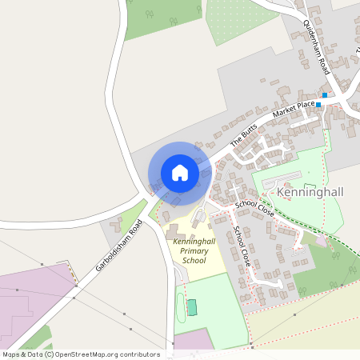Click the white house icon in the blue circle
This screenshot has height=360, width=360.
[x=179, y=173]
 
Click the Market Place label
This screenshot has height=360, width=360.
[x=293, y=107]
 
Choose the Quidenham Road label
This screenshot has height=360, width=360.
[x=314, y=49]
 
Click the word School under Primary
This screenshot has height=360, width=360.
[x=194, y=261]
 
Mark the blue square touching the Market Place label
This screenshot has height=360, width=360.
[x=318, y=104]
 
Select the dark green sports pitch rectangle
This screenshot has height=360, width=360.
[x=191, y=306]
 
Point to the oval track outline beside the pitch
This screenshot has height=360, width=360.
[x=180, y=304]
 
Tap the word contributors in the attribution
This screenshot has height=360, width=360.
[x=140, y=354]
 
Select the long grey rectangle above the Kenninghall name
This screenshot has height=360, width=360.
[x=282, y=178]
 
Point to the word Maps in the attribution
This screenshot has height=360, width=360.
[x=11, y=354]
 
